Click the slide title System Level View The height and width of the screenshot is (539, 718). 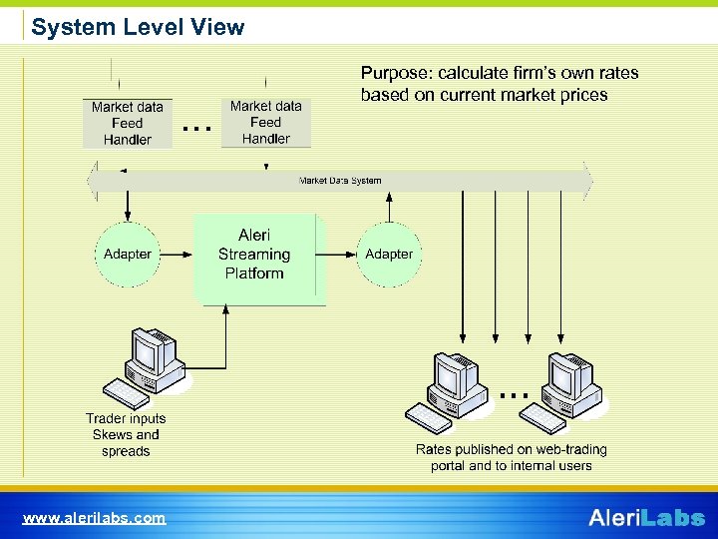[138, 27]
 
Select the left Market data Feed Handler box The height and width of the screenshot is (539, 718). [127, 124]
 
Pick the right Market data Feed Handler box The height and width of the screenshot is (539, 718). [265, 123]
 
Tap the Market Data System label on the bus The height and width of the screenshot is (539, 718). [340, 181]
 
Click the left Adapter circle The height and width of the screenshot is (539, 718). [128, 255]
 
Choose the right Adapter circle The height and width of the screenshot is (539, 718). [389, 255]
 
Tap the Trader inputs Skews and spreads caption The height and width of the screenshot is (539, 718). [126, 435]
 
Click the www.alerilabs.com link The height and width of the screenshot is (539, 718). [95, 518]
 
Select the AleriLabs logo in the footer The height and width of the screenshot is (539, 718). [646, 517]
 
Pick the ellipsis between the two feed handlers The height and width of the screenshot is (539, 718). [197, 129]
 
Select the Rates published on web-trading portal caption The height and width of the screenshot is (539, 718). [511, 457]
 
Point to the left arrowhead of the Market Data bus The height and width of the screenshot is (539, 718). [92, 181]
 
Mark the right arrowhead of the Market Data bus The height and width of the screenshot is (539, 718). [588, 181]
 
